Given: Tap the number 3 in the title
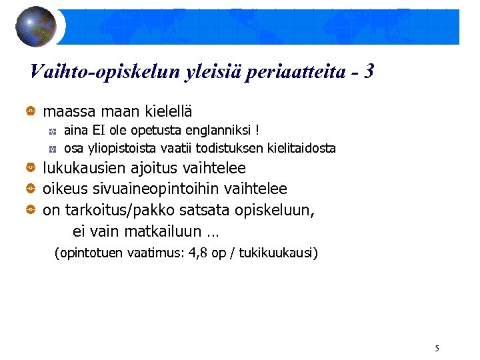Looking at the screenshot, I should (x=369, y=71).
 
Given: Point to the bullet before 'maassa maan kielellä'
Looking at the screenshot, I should (x=31, y=110).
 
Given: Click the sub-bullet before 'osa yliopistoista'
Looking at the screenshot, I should (x=53, y=149).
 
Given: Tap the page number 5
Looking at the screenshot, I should (x=437, y=348).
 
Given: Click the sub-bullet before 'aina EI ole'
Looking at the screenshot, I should (x=53, y=130).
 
